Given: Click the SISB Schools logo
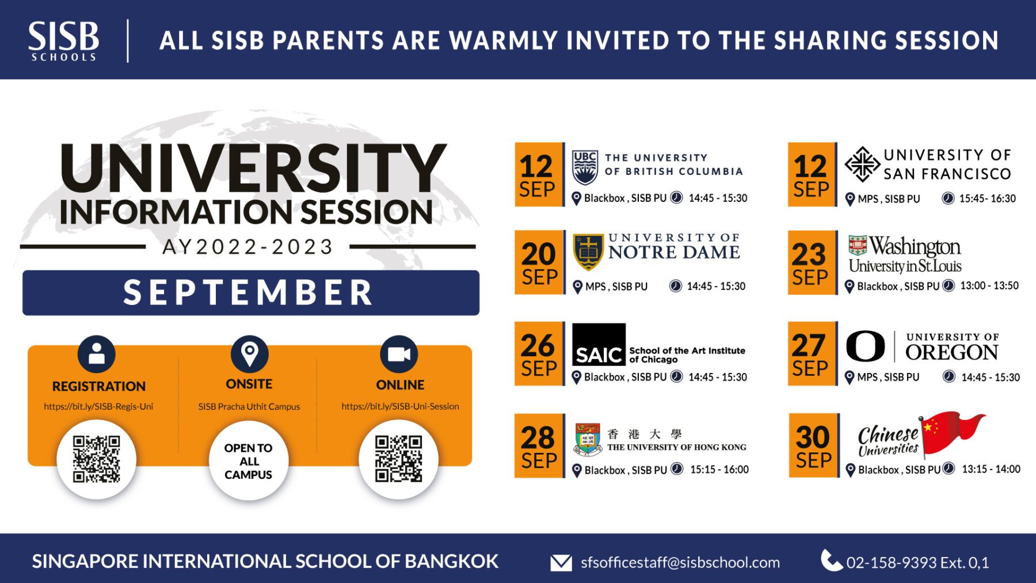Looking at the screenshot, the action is pos(63,41).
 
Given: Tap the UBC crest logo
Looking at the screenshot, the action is pos(585,167).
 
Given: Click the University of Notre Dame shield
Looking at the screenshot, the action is pos(588,252).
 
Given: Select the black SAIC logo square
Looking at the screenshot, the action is pos(599,344).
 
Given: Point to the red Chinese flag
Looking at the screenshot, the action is pos(953,433).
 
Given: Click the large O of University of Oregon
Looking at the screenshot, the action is pos(865,346).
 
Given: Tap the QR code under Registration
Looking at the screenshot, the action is pos(97,459).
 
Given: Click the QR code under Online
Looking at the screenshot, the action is pos(398,459).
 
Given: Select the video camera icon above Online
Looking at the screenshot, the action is pos(399,354).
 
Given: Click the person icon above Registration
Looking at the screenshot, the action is pos(97,354).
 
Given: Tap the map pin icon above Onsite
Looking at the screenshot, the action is pos(249,354).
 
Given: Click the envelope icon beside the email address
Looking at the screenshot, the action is pos(561,562).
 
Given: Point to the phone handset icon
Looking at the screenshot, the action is pos(831,560).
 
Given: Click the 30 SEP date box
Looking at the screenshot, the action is pos(813,445).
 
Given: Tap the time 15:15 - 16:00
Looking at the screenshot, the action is pos(719,470).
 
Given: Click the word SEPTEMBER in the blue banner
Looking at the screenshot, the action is pos(249,292).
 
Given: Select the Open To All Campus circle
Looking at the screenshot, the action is pos(249,460).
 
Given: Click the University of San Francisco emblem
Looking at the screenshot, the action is pos(862,165).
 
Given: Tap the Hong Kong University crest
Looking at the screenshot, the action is pos(588,439).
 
